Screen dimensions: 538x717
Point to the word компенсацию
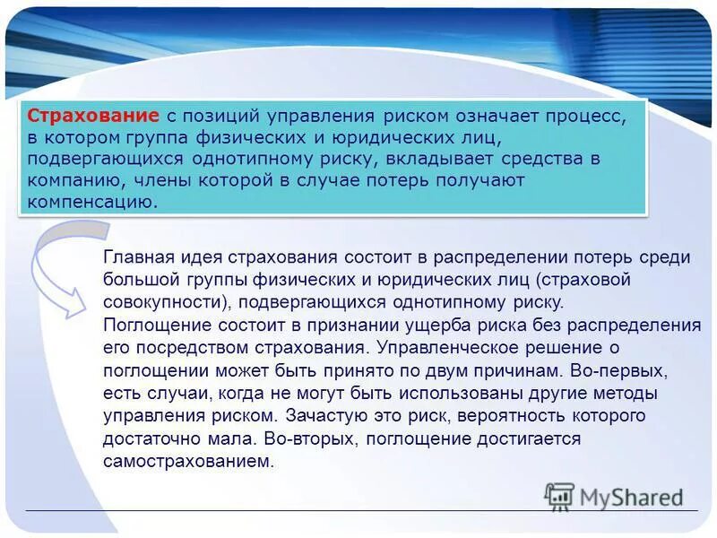(x=91, y=201)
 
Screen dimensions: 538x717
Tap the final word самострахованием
(x=186, y=462)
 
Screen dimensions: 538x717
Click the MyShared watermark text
(x=631, y=498)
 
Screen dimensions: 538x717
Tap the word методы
(x=631, y=393)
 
